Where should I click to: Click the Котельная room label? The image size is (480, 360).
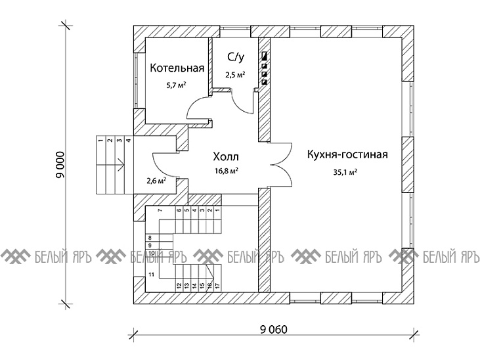click(x=177, y=68)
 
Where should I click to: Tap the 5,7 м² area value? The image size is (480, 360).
click(x=177, y=85)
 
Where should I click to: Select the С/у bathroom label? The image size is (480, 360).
click(x=236, y=57)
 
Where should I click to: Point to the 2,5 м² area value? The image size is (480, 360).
click(x=235, y=75)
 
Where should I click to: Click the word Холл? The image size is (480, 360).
click(x=226, y=157)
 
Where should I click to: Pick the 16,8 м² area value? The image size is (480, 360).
click(x=227, y=171)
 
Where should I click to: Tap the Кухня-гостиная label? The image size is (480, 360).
click(x=347, y=154)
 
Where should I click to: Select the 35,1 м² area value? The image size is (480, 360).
click(x=345, y=172)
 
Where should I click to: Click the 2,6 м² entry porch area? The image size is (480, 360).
click(x=156, y=181)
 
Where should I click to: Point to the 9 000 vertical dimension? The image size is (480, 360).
click(x=60, y=165)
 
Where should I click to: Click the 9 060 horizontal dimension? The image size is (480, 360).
click(x=274, y=330)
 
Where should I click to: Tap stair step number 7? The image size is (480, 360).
click(x=160, y=210)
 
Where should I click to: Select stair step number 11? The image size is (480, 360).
click(x=151, y=275)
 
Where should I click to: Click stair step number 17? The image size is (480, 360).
click(x=217, y=285)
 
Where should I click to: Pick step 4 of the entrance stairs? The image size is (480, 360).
click(x=129, y=141)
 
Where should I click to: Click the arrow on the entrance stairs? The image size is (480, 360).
click(x=110, y=166)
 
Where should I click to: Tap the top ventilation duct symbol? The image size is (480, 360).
click(x=265, y=56)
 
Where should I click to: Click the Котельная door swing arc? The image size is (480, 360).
click(x=198, y=107)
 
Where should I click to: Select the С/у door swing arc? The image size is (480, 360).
click(x=242, y=101)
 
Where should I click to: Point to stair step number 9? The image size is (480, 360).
click(x=150, y=246)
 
